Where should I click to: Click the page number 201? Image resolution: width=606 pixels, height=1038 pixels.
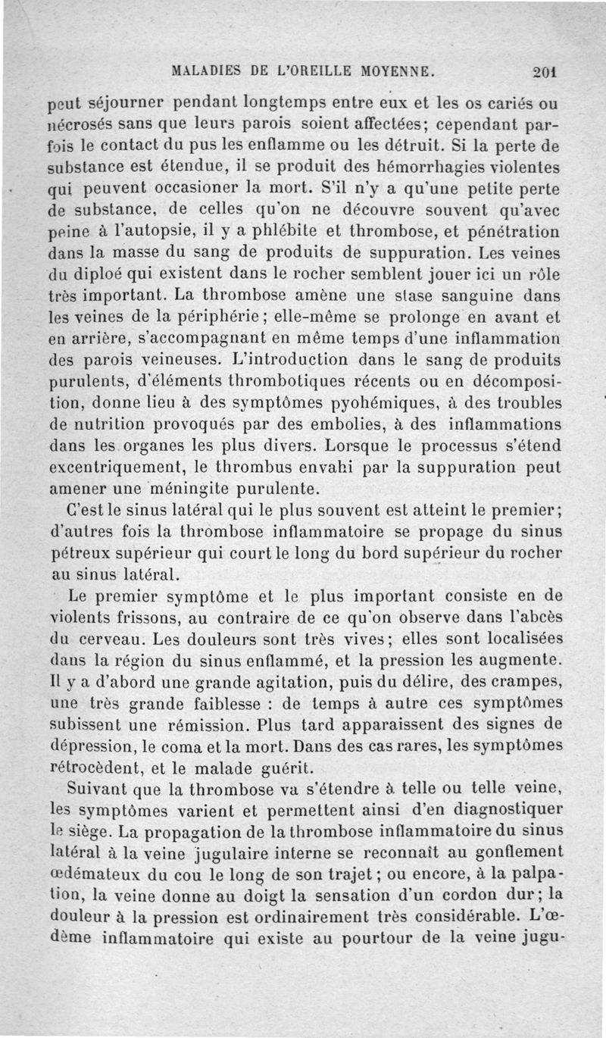pos(545,73)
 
